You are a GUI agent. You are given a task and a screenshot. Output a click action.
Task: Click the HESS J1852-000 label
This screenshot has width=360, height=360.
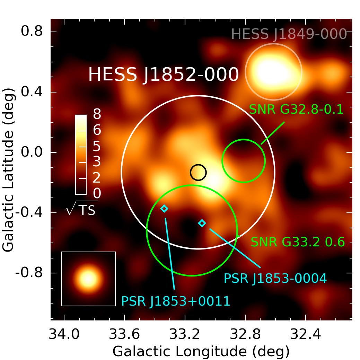click(164, 75)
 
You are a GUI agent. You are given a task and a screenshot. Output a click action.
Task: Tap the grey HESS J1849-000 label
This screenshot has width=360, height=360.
click(289, 34)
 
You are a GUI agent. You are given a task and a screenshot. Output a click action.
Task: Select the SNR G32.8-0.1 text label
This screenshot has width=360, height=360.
click(296, 109)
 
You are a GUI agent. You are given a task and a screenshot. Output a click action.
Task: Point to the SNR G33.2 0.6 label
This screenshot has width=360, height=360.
click(298, 242)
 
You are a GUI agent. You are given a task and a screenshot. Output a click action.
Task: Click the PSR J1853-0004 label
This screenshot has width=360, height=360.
click(275, 278)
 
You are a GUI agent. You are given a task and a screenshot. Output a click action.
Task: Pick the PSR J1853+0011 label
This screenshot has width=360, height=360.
click(176, 301)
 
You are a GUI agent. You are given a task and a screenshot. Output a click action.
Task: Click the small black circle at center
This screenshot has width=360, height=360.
click(198, 172)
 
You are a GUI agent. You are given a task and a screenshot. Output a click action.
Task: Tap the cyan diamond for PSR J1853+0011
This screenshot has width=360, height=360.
click(164, 208)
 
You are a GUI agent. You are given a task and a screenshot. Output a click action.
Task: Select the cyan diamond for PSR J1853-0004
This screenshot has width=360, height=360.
click(202, 223)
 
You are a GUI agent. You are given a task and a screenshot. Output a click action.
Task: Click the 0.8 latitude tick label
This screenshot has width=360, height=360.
click(32, 32)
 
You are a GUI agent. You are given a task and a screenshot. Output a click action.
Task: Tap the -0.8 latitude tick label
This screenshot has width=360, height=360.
click(29, 273)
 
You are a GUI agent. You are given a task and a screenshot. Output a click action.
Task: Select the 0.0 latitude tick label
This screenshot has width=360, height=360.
click(32, 152)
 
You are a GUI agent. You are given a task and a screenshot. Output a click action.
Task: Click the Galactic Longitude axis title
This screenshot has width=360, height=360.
click(201, 351)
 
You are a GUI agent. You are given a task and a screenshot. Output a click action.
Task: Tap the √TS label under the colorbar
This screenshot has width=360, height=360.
click(82, 209)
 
